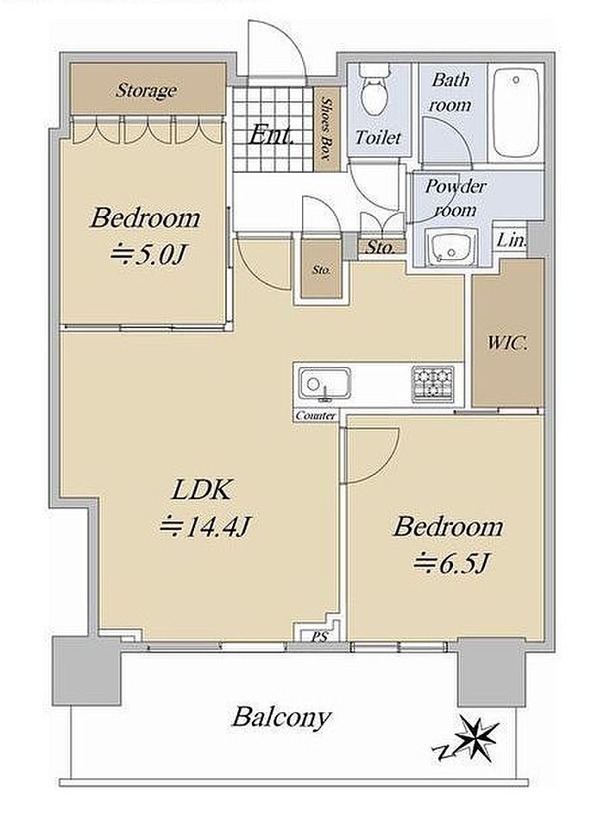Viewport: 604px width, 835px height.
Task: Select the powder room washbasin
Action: (x=451, y=248)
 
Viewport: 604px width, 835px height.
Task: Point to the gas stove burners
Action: (x=432, y=383)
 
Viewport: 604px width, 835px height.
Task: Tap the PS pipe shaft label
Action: (x=319, y=636)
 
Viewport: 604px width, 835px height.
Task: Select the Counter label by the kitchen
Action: (x=316, y=415)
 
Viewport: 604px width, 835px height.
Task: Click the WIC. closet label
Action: (x=507, y=343)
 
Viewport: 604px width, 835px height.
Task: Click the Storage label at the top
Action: (x=146, y=90)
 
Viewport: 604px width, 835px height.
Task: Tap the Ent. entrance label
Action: (x=272, y=135)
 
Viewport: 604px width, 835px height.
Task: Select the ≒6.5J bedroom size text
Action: (x=451, y=562)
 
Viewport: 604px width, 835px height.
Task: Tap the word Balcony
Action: (x=281, y=718)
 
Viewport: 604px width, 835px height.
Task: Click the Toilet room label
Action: (x=378, y=137)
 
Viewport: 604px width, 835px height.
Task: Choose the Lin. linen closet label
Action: (x=512, y=241)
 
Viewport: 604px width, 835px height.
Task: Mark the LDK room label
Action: (x=201, y=490)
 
